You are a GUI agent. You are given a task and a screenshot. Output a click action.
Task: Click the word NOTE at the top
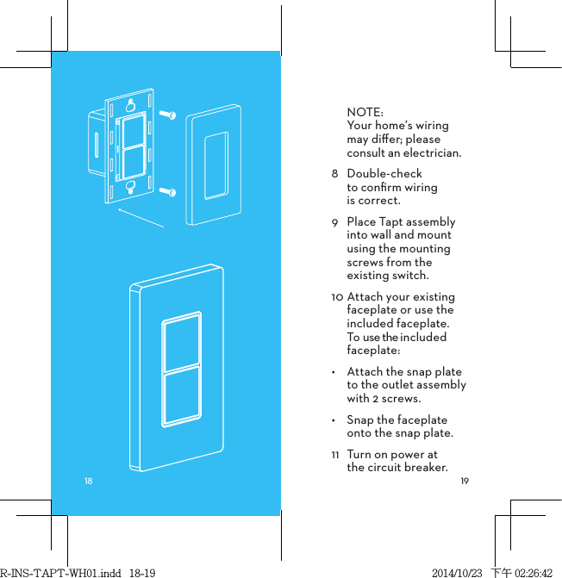365,112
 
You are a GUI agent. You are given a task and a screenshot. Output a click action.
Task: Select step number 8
334,174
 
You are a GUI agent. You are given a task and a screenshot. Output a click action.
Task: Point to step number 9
334,222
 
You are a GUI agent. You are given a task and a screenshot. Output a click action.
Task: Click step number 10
336,297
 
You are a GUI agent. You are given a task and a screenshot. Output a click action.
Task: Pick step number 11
334,455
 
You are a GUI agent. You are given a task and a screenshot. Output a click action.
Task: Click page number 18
88,480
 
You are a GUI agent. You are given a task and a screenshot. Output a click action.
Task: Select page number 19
465,480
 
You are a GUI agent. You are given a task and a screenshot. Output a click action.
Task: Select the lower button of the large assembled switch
181,397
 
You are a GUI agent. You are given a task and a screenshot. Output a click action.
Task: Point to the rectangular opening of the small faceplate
215,164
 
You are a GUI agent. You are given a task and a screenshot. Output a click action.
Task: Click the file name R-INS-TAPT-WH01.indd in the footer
48,572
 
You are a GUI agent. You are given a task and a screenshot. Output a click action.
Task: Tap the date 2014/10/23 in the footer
457,572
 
